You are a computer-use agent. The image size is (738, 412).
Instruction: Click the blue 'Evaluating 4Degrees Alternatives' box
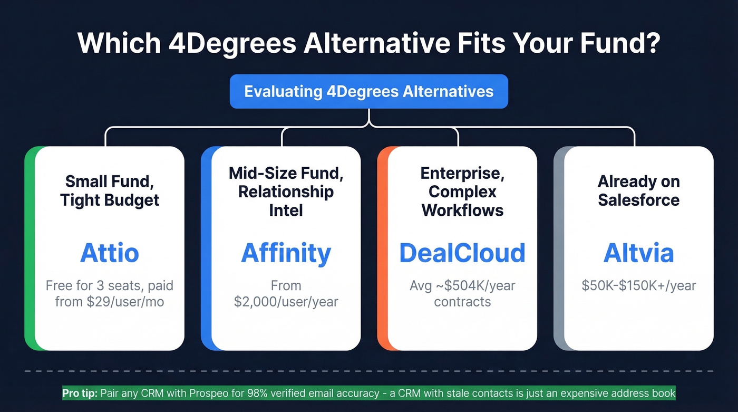coord(368,91)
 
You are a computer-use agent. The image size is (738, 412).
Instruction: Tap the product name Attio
coord(110,253)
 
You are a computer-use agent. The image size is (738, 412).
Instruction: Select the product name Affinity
coord(286,253)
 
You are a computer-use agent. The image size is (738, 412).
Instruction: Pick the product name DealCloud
coord(462,253)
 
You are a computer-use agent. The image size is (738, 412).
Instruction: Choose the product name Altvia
coord(638,253)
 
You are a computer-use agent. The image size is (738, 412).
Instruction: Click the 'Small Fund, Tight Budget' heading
coord(110,191)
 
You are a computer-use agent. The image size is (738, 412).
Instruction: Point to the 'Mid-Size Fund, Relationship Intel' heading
coord(286,191)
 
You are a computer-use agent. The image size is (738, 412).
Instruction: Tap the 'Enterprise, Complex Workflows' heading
coord(462,191)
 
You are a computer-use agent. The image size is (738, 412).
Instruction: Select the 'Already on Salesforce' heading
coord(638,191)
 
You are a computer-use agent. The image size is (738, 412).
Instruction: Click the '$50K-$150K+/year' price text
coord(638,286)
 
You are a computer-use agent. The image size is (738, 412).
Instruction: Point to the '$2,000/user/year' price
coord(286,302)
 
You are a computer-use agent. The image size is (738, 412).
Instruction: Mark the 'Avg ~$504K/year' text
coord(462,286)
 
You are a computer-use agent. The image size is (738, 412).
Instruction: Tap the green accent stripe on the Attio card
coord(30,248)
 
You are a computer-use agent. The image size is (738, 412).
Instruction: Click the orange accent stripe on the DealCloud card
coord(383,248)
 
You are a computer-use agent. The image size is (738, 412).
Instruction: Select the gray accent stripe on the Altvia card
coord(559,248)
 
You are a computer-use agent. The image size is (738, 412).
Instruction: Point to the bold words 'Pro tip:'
coord(80,393)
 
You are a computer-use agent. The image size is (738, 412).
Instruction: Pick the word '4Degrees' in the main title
coord(232,43)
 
